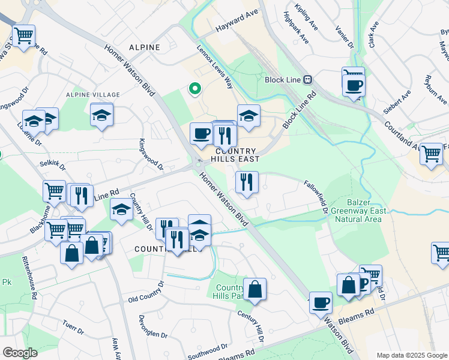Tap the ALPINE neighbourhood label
coord(144,47)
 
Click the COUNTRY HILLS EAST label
coord(235,155)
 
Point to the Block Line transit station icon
coord(307,79)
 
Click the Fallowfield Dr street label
coord(315,197)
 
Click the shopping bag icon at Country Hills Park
coord(255,288)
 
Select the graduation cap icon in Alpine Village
coord(102,114)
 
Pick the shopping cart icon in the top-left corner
coord(23,35)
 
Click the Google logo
coord(20,352)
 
